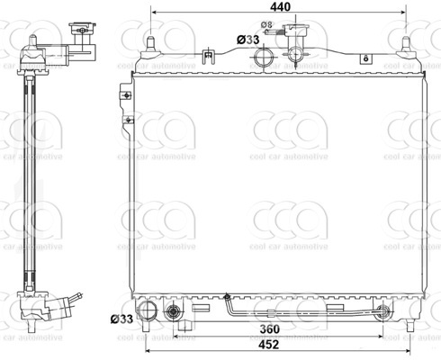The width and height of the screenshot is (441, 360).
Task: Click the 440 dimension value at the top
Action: (x=283, y=7)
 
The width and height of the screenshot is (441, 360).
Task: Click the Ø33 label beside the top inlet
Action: (x=248, y=40)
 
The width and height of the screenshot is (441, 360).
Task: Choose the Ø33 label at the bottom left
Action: (x=122, y=319)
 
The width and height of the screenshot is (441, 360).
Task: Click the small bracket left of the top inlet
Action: (x=210, y=58)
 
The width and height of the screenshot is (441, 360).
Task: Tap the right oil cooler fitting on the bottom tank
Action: (x=384, y=313)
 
